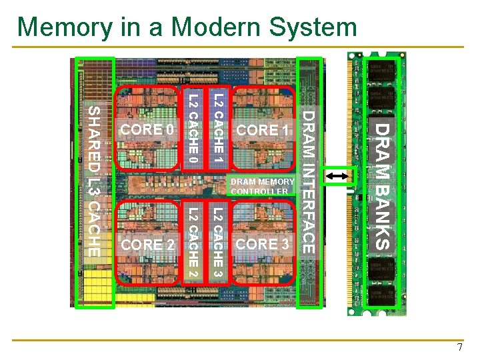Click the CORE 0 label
[x=146, y=129]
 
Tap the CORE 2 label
[x=148, y=245]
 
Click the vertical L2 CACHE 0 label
[x=193, y=129]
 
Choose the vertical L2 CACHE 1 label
[x=217, y=129]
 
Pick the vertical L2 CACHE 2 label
[x=193, y=243]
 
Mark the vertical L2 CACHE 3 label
[x=217, y=243]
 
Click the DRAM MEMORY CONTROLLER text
[x=262, y=187]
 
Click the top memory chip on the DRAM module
[x=381, y=73]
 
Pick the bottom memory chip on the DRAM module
[x=381, y=293]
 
